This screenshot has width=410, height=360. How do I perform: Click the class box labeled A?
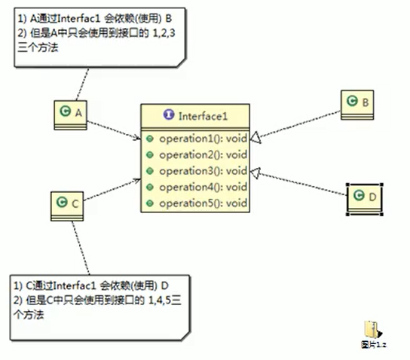[70, 115]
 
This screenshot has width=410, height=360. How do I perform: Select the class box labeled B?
[357, 105]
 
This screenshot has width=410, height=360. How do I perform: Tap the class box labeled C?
[67, 206]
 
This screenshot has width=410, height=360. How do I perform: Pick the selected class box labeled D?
[365, 200]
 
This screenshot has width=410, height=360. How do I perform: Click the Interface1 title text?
[203, 116]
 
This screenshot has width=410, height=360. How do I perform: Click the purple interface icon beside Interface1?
[169, 114]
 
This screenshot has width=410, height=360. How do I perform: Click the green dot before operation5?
[149, 203]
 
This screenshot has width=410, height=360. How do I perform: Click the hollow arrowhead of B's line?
[255, 137]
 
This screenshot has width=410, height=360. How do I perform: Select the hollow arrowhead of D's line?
[255, 172]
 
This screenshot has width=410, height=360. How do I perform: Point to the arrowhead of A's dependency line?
[138, 137]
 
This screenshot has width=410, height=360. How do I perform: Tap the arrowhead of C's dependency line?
[137, 180]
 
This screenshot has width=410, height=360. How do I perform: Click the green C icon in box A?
[65, 111]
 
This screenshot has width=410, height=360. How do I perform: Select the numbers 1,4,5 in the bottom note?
[160, 301]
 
